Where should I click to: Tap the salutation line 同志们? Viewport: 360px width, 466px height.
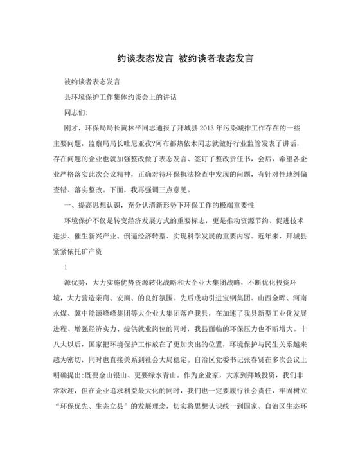click(73, 112)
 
